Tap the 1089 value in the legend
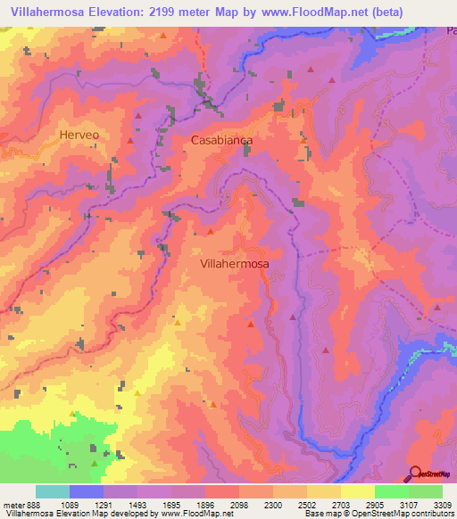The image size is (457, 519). pos(87,505)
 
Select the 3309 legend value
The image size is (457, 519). pos(441,505)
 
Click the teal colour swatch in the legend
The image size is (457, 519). pos(53,491)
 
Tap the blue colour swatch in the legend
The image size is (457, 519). pos(87,491)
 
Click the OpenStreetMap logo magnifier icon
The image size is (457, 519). pos(414,474)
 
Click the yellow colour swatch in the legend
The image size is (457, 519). pos(358,491)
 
